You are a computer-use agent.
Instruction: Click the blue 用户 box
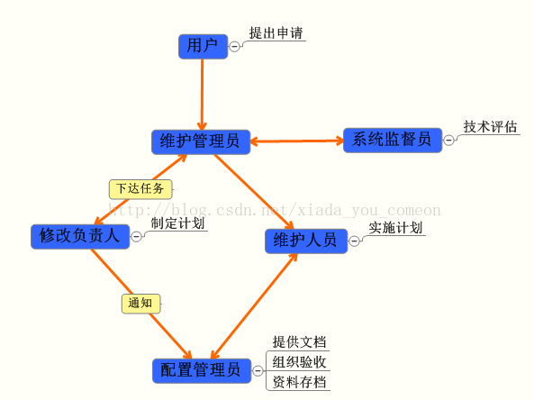(x=203, y=46)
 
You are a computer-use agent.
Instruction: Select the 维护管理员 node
(x=201, y=141)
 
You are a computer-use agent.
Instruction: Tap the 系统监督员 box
(x=393, y=140)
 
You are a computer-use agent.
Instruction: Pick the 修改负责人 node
(x=80, y=236)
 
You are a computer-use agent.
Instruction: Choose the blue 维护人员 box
(x=306, y=241)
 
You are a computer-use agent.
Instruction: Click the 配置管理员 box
(x=202, y=370)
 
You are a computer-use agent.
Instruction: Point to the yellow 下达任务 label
(x=140, y=189)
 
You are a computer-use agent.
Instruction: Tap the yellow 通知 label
(x=141, y=304)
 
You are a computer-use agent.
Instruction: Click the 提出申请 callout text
(x=276, y=33)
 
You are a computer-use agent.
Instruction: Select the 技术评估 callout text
(x=490, y=127)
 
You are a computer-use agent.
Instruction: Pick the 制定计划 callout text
(x=177, y=223)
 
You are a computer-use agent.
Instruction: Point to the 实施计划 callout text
(x=395, y=228)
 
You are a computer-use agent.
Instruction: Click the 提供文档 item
(x=299, y=342)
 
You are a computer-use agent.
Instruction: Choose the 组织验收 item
(x=299, y=362)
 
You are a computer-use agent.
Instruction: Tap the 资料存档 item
(x=299, y=382)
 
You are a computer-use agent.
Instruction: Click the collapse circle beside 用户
(x=234, y=46)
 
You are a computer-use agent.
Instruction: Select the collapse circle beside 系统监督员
(x=448, y=140)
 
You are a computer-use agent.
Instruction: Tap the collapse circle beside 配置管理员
(x=258, y=370)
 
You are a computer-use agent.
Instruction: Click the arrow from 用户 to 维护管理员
(x=202, y=95)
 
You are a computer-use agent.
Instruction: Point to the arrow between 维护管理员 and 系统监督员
(x=297, y=141)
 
